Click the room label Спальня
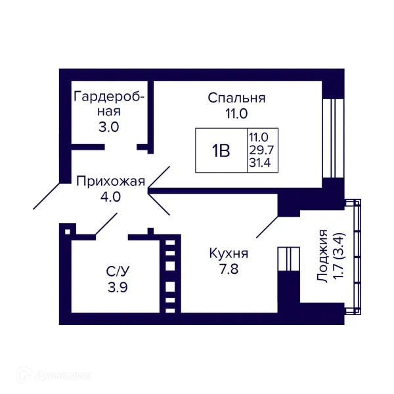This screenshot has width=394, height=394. click(236, 98)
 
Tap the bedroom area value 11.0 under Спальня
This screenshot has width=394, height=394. click(236, 113)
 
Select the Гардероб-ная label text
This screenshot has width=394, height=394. click(109, 104)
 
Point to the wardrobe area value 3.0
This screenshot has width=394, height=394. click(109, 127)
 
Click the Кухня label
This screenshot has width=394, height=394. click(229, 253)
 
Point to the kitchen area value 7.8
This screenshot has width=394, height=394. click(229, 269)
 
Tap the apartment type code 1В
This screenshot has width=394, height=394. click(221, 150)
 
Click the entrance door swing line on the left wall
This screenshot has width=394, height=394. click(46, 196)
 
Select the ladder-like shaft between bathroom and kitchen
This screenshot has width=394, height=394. click(170, 275)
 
